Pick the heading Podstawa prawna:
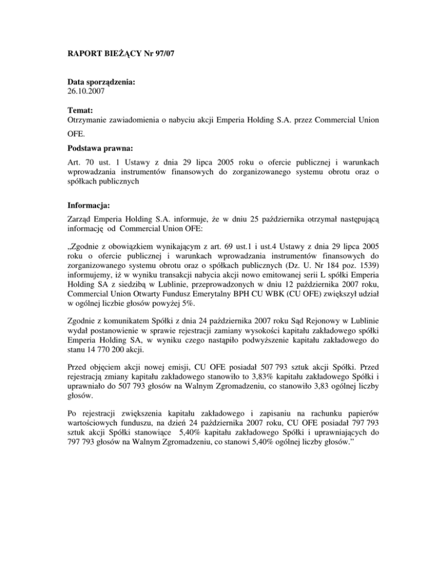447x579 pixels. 94,150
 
